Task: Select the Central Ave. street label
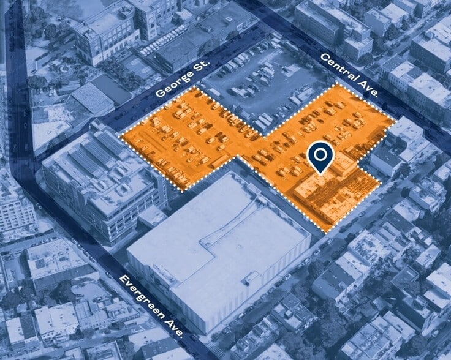[x=344, y=71]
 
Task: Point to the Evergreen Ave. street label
[x=151, y=306]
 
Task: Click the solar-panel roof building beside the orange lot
[x=101, y=174]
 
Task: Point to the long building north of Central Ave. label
[x=334, y=28]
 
